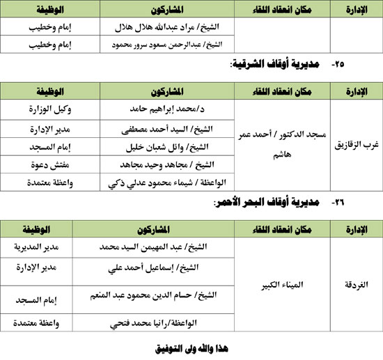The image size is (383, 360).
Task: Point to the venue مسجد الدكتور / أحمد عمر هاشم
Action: click(x=283, y=147)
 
